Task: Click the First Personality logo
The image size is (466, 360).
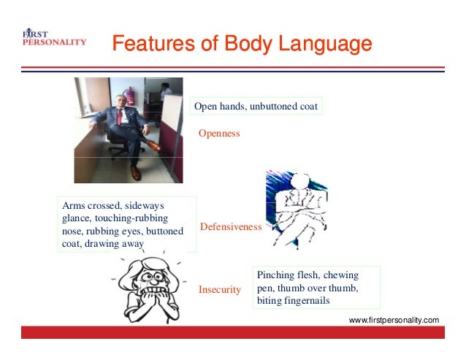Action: [x=54, y=38]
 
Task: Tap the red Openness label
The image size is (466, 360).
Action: [x=220, y=134]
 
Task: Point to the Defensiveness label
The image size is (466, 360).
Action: [x=229, y=227]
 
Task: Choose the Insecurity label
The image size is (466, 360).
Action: [x=220, y=290]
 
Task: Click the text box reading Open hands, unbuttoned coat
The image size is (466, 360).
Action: [x=256, y=107]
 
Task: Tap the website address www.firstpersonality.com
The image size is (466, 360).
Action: [x=394, y=320]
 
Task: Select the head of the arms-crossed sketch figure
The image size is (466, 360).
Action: [x=299, y=183]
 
